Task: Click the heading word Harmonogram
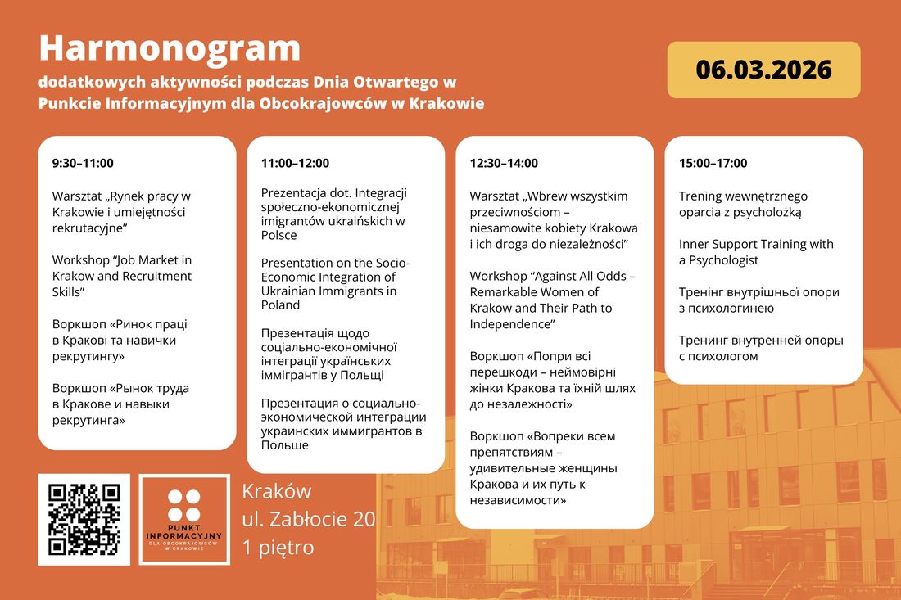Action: [170, 49]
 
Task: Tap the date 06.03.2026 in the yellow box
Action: [763, 70]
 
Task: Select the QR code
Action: [84, 519]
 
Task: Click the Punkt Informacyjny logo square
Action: [183, 519]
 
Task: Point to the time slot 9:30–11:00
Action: [83, 163]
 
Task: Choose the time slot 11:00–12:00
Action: [295, 163]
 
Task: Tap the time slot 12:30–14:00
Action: [504, 163]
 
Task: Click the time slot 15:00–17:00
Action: [713, 163]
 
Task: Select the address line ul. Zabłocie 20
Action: [308, 519]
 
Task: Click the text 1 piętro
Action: [278, 547]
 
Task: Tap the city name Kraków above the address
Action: [277, 491]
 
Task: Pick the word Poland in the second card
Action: [280, 305]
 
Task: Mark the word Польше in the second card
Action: [285, 445]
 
